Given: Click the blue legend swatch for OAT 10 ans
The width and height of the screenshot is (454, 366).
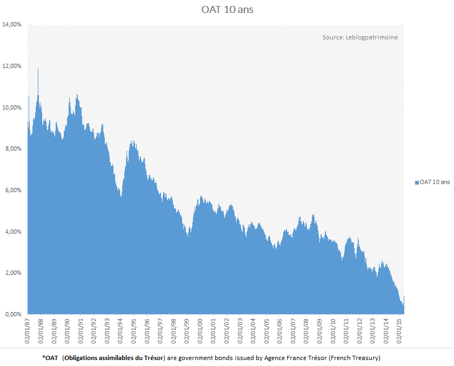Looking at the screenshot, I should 417,182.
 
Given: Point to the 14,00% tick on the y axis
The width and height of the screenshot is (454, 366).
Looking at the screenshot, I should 12,25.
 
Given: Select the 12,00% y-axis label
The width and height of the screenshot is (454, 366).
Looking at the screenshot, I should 12,66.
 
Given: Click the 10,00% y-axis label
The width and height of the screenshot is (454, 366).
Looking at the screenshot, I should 12,107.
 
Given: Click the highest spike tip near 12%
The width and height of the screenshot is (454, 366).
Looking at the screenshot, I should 38,69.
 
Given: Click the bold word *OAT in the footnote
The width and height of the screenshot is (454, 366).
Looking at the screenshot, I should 49,358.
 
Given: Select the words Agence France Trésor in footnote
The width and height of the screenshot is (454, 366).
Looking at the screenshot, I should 275,358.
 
